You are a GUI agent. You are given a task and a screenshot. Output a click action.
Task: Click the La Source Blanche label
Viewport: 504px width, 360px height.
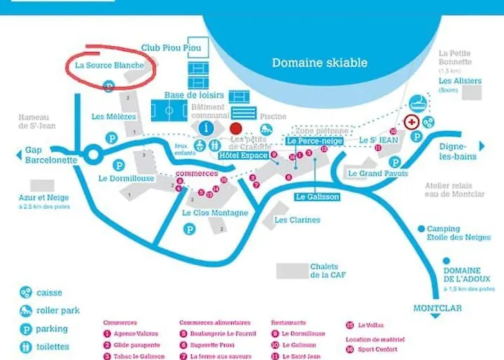(x=110, y=65)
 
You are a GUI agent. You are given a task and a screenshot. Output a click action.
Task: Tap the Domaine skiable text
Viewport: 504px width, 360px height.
(x=319, y=63)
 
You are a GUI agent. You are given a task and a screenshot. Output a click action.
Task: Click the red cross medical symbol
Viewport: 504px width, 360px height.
(x=412, y=122)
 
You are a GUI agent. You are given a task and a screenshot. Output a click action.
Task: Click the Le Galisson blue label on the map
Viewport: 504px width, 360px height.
(x=317, y=197)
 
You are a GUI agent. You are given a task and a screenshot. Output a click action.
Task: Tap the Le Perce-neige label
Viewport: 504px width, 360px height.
(x=315, y=142)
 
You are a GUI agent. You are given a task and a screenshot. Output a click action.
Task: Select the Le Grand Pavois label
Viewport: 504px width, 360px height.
(x=377, y=174)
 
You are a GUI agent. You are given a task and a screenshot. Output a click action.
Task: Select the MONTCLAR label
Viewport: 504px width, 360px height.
(x=436, y=308)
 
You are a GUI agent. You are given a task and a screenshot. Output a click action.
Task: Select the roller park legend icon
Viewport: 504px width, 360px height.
(x=26, y=311)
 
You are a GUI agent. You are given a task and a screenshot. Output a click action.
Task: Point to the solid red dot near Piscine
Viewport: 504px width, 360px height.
(x=235, y=128)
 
